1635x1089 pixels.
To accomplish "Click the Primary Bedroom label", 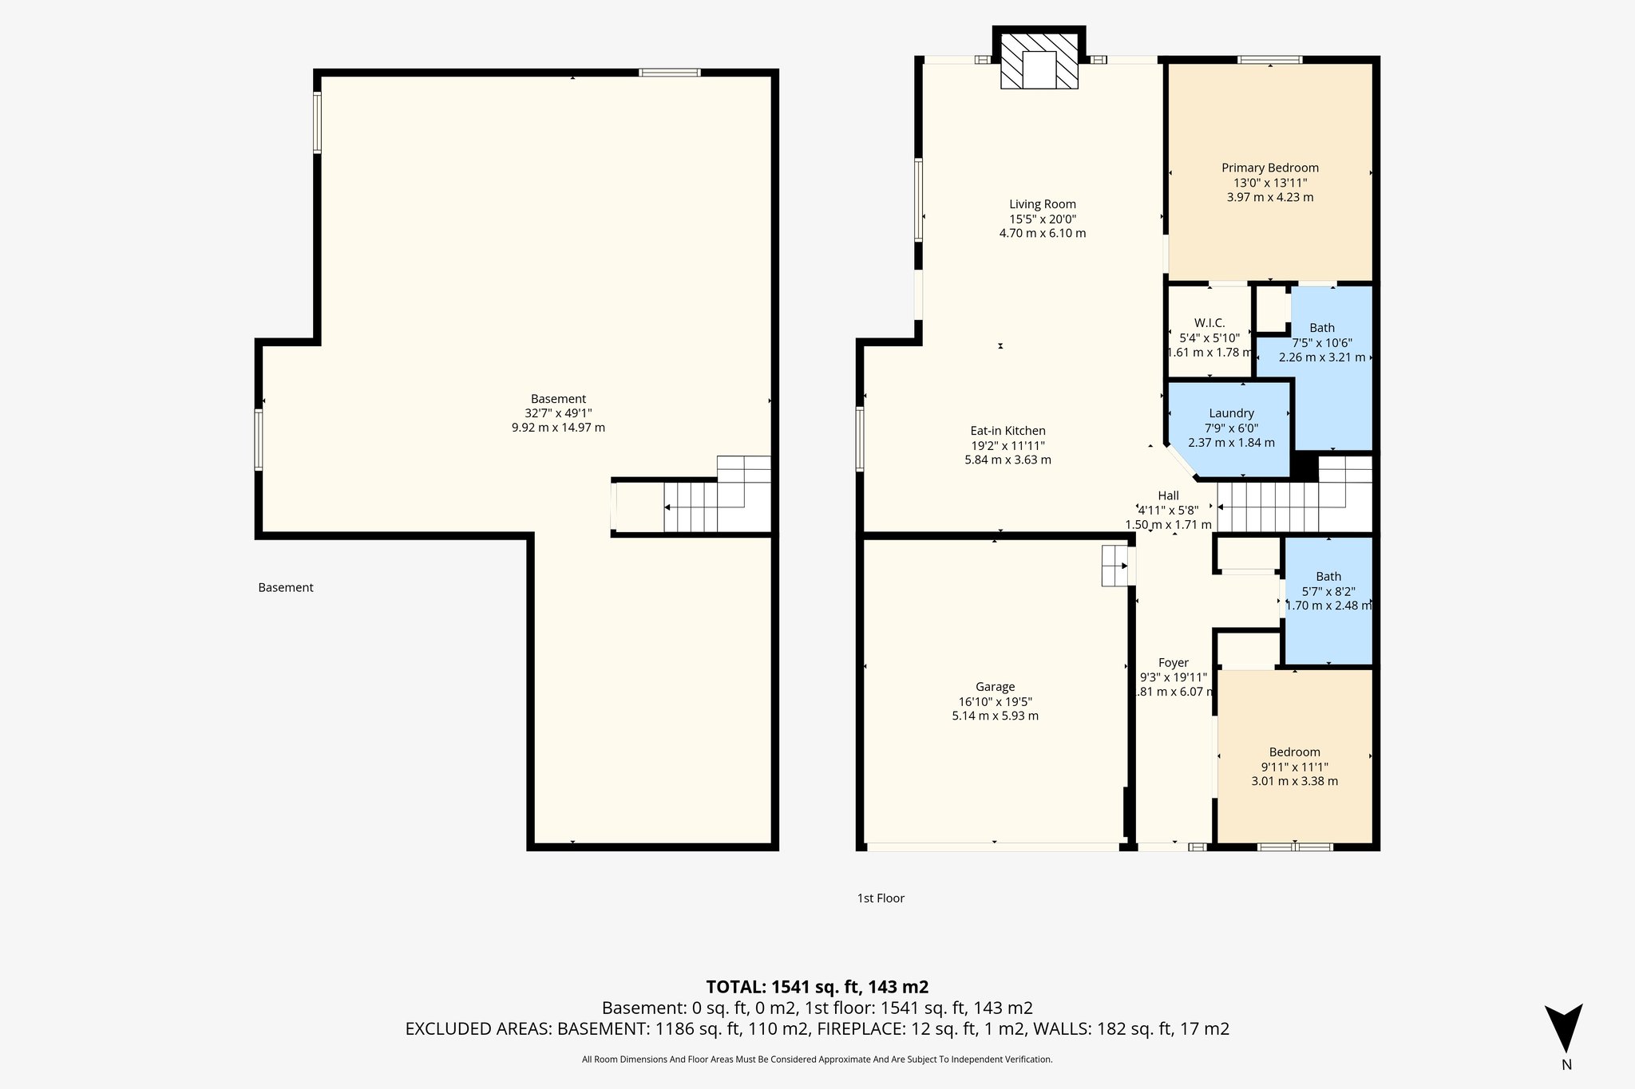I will [1269, 168].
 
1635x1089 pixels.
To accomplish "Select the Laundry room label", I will [1231, 413].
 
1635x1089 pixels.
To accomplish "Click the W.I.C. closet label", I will [1209, 323].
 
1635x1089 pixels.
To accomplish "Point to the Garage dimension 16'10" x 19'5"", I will [995, 702].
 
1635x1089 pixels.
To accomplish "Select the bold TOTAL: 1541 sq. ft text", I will [817, 987].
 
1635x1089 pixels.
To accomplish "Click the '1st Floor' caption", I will [881, 898].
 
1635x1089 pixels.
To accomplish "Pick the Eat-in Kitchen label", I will [1008, 431].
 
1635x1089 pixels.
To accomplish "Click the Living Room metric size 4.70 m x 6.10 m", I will [1042, 234].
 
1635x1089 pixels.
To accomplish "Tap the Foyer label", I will [1173, 663].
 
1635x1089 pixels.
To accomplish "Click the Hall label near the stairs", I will [1168, 496].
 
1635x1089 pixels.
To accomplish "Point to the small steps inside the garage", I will [1115, 566].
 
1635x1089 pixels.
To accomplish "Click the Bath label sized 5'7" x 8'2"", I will [1328, 577].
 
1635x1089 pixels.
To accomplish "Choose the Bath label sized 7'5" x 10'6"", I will [1322, 328].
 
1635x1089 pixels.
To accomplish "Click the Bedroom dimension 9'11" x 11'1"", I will [1294, 767].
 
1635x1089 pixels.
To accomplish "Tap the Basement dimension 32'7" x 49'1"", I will [558, 413].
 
